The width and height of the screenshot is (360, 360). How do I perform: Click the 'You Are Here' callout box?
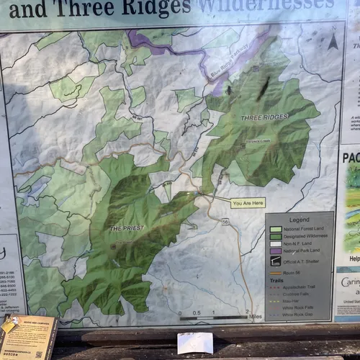coord(248,203)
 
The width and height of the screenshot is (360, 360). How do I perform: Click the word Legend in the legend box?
coord(300,220)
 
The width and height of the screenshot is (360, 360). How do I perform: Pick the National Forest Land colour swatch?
coord(276,230)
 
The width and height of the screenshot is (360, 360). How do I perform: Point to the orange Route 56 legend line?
coord(276,271)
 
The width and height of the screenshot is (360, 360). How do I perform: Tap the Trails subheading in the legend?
coord(276,279)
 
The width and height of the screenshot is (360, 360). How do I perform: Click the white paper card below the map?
coord(195,343)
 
